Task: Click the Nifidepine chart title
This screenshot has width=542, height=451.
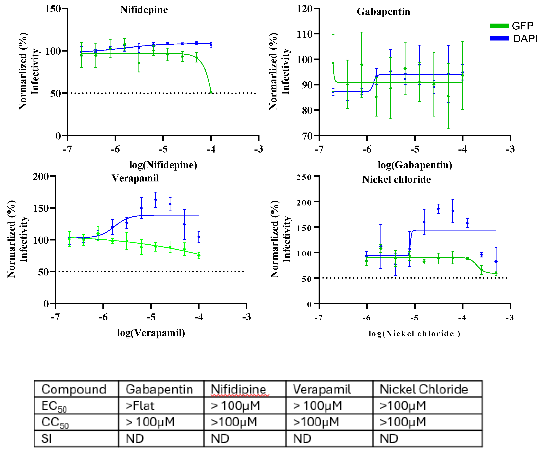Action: tap(144, 10)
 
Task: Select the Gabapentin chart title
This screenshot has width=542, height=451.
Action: tap(383, 12)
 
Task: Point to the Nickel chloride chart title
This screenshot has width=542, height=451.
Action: tap(396, 179)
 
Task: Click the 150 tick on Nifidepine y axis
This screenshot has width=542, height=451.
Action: tap(53, 9)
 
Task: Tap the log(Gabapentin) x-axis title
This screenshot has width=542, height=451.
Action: tap(415, 165)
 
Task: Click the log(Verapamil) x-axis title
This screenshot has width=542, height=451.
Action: tap(151, 333)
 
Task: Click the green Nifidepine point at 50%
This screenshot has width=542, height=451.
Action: tap(211, 92)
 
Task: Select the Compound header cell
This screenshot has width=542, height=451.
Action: tap(74, 389)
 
